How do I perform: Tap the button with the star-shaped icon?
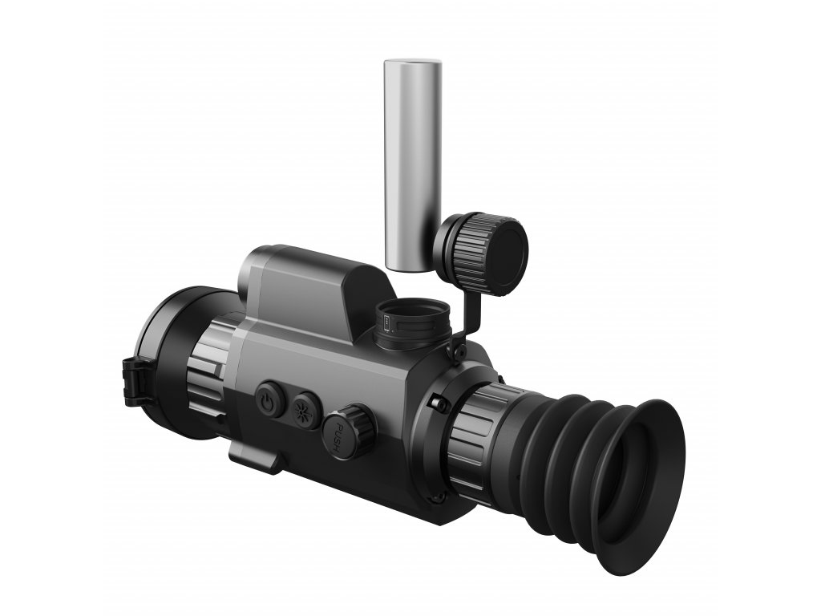305,408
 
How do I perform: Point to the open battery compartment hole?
412,318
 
